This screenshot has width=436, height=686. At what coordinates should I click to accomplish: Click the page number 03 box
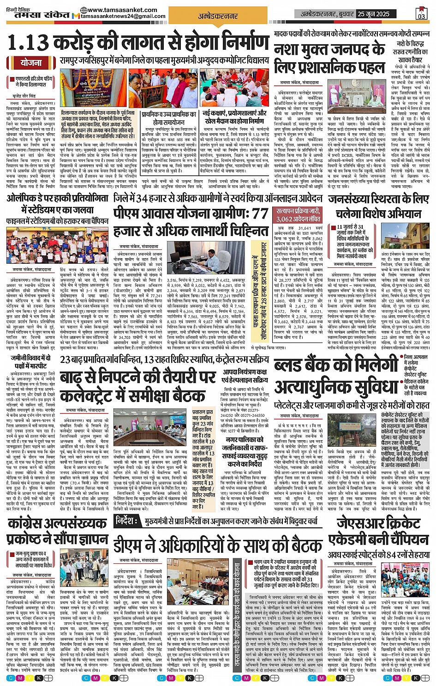[421, 13]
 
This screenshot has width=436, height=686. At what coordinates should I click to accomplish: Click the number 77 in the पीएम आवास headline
[260, 213]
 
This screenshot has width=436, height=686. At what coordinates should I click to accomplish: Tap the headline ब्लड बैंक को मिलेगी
[335, 366]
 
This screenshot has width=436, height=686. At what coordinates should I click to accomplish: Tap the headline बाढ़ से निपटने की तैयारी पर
[138, 377]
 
